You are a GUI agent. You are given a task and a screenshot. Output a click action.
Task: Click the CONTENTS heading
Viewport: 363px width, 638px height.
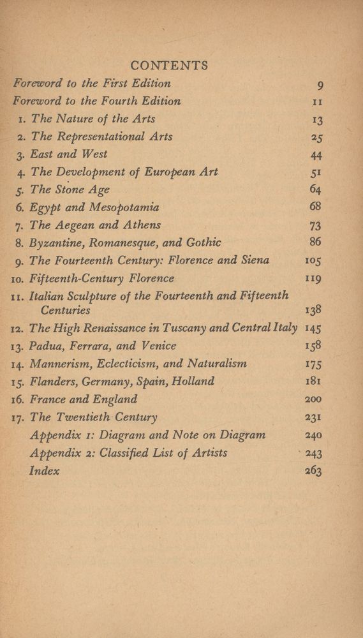(169, 65)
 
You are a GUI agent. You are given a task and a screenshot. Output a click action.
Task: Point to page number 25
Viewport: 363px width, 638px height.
(315, 137)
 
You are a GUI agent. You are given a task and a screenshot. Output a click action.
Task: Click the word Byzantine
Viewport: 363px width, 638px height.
(56, 242)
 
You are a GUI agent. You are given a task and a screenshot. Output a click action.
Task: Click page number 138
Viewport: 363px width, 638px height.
(313, 310)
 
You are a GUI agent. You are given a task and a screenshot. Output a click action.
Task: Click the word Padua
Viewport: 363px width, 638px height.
(47, 346)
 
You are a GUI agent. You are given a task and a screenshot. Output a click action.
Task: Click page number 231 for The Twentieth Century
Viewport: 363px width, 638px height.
(313, 418)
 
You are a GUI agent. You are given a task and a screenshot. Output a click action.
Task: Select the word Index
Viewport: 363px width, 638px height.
(45, 471)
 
